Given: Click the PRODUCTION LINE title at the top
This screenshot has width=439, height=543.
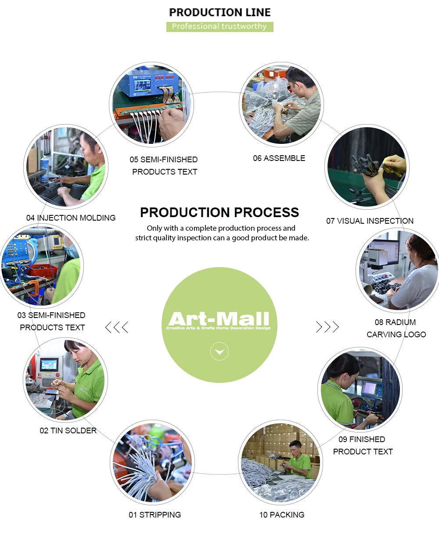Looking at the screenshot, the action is click(x=219, y=12).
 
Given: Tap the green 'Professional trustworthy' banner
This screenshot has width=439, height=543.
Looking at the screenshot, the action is click(x=219, y=27).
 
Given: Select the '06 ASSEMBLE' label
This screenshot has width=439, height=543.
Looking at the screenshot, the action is click(x=279, y=158).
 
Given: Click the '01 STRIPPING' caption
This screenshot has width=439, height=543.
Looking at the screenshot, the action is click(x=155, y=514).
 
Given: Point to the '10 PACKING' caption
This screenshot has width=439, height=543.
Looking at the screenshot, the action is click(x=281, y=514).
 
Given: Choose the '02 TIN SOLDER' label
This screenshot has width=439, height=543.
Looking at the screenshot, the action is click(x=68, y=430).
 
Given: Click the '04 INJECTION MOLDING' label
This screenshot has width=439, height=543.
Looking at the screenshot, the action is click(x=71, y=218).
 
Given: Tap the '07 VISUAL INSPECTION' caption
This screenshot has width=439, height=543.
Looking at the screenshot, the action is click(x=370, y=221).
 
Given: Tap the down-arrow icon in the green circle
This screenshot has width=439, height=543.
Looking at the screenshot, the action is click(x=219, y=351).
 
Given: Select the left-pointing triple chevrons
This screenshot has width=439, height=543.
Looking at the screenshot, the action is click(x=117, y=327).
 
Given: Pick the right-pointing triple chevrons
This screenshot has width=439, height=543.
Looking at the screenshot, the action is click(x=327, y=327).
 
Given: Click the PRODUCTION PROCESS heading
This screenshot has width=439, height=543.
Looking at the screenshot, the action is click(x=219, y=212).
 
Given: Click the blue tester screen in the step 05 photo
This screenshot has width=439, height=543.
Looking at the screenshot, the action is click(x=142, y=86).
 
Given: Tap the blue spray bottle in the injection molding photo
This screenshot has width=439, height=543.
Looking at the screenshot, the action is click(x=44, y=169).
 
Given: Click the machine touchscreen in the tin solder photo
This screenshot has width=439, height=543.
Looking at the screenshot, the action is click(x=49, y=364).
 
